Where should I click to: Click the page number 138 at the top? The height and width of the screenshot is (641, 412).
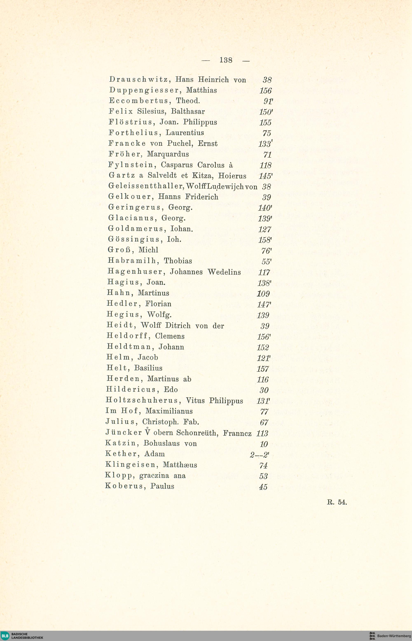[x=226, y=60]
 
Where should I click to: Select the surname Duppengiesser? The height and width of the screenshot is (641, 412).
[x=144, y=90]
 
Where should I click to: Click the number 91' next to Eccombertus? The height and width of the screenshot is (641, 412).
[x=268, y=101]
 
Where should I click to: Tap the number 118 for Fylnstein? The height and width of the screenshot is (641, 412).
[x=266, y=166]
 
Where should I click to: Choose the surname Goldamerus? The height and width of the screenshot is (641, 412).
[x=135, y=229]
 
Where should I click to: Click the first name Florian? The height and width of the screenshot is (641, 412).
[x=158, y=304]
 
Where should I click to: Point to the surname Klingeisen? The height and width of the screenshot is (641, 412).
[x=130, y=465]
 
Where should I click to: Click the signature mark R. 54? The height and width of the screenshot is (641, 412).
[x=337, y=502]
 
